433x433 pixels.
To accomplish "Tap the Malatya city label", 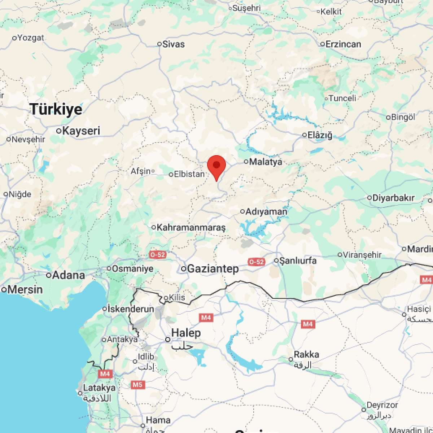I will pyautogui.click(x=266, y=162).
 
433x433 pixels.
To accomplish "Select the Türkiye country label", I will pyautogui.click(x=56, y=109).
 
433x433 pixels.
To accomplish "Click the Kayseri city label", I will pyautogui.click(x=81, y=131).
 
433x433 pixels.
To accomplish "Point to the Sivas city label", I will pyautogui.click(x=174, y=44).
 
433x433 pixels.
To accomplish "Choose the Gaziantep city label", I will pyautogui.click(x=213, y=269).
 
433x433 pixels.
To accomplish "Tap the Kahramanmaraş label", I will pyautogui.click(x=191, y=228).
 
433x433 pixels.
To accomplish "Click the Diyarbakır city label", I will pyautogui.click(x=393, y=198).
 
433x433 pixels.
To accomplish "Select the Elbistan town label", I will pyautogui.click(x=189, y=174).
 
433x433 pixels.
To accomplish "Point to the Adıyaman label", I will pyautogui.click(x=266, y=211).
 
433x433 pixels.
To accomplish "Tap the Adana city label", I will pyautogui.click(x=69, y=275).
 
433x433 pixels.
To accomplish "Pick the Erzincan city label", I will pyautogui.click(x=343, y=44).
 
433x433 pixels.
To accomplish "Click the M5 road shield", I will pyautogui.click(x=137, y=385).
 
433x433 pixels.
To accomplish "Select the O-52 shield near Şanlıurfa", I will pyautogui.click(x=256, y=262).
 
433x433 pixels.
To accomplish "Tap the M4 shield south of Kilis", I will pyautogui.click(x=206, y=318).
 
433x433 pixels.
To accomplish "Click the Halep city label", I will pyautogui.click(x=186, y=333).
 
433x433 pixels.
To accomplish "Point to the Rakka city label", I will pyautogui.click(x=306, y=355).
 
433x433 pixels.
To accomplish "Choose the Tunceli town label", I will pyautogui.click(x=342, y=98).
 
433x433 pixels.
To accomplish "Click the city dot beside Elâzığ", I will pyautogui.click(x=305, y=135).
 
